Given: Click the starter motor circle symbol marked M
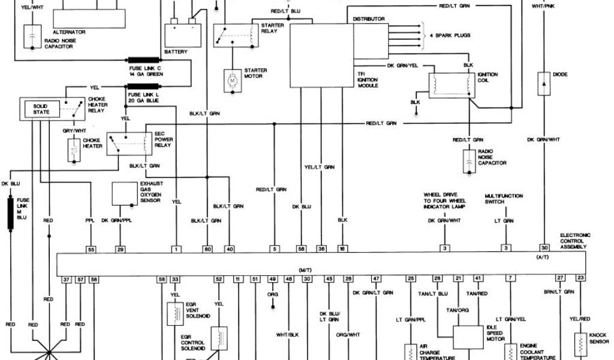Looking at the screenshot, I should [231, 78].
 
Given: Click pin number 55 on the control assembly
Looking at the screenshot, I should [91, 248].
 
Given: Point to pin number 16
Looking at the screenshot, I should [342, 248].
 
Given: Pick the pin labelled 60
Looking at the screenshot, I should [208, 248].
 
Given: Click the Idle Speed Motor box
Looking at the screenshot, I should [468, 338].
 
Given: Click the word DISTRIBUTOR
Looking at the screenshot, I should [368, 19].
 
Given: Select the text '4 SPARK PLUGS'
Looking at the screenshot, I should [450, 35].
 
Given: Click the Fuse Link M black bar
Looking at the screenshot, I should [10, 214].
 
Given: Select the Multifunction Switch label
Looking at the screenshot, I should [504, 199].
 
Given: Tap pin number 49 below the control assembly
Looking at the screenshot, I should [272, 279].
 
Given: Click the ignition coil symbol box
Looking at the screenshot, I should [451, 85].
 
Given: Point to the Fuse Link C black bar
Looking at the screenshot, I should [144, 60].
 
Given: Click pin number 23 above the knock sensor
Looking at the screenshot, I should [580, 278].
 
